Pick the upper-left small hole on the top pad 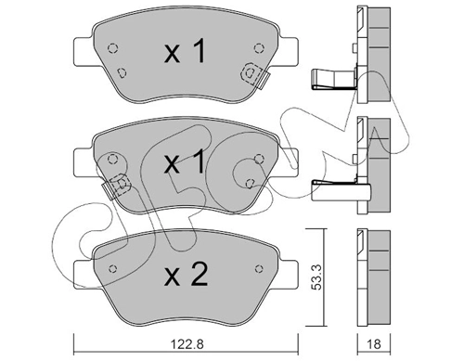point(112,50)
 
